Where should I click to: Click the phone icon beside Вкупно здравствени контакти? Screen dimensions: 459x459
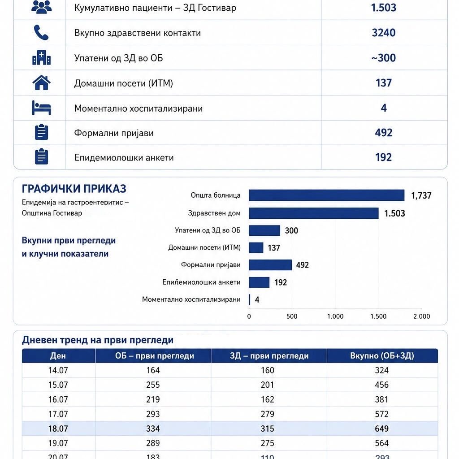point(41,32)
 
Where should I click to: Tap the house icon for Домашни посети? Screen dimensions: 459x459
point(41,82)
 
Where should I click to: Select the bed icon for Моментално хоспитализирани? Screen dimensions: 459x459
point(41,108)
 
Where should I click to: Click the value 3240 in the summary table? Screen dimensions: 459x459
point(384,32)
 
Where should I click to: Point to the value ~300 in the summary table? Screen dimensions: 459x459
point(384,58)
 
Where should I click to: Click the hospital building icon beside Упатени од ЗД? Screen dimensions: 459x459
point(41,58)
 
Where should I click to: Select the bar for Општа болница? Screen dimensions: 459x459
point(326,195)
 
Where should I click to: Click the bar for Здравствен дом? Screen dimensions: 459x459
point(313,213)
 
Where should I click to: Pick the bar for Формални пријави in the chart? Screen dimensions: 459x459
point(270,265)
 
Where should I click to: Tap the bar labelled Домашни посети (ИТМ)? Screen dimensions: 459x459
point(256,247)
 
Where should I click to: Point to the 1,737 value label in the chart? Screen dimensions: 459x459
point(421,195)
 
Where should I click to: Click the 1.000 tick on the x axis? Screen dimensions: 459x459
point(335,316)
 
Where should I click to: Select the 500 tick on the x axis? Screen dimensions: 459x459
point(292,316)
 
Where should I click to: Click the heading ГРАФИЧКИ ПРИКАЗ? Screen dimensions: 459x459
point(74,189)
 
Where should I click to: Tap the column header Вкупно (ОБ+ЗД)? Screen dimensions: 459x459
point(382,355)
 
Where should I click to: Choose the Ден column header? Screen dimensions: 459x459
point(58,355)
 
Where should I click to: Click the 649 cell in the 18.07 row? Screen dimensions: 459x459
point(382,429)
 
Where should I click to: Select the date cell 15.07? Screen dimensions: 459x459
point(58,385)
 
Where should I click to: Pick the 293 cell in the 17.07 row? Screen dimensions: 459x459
point(153,414)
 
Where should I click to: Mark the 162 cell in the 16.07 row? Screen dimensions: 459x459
point(267,399)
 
